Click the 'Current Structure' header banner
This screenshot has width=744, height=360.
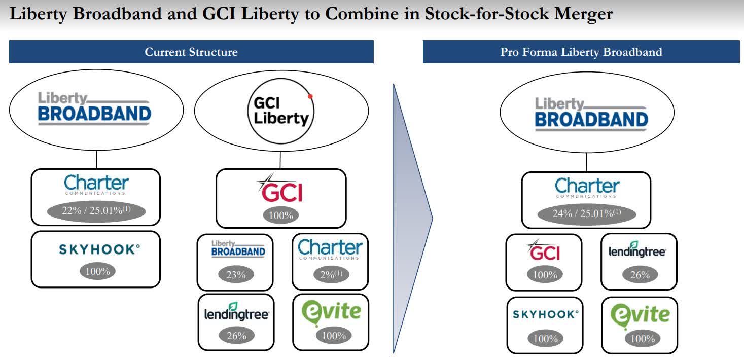point(191,52)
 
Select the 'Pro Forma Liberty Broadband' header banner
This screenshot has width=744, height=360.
point(581,52)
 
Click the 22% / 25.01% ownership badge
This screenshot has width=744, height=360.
point(95,211)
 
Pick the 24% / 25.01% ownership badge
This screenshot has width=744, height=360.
point(586,213)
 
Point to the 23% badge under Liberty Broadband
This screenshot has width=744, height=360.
point(236,275)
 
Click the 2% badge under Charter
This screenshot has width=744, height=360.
point(331,275)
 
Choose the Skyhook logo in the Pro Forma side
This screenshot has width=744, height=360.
point(545,314)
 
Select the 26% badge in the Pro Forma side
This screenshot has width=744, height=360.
point(640,275)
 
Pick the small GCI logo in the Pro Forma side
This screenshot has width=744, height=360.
point(544,250)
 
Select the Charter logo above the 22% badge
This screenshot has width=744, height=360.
point(96,185)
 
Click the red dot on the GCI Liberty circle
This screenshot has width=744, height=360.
point(310,96)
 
